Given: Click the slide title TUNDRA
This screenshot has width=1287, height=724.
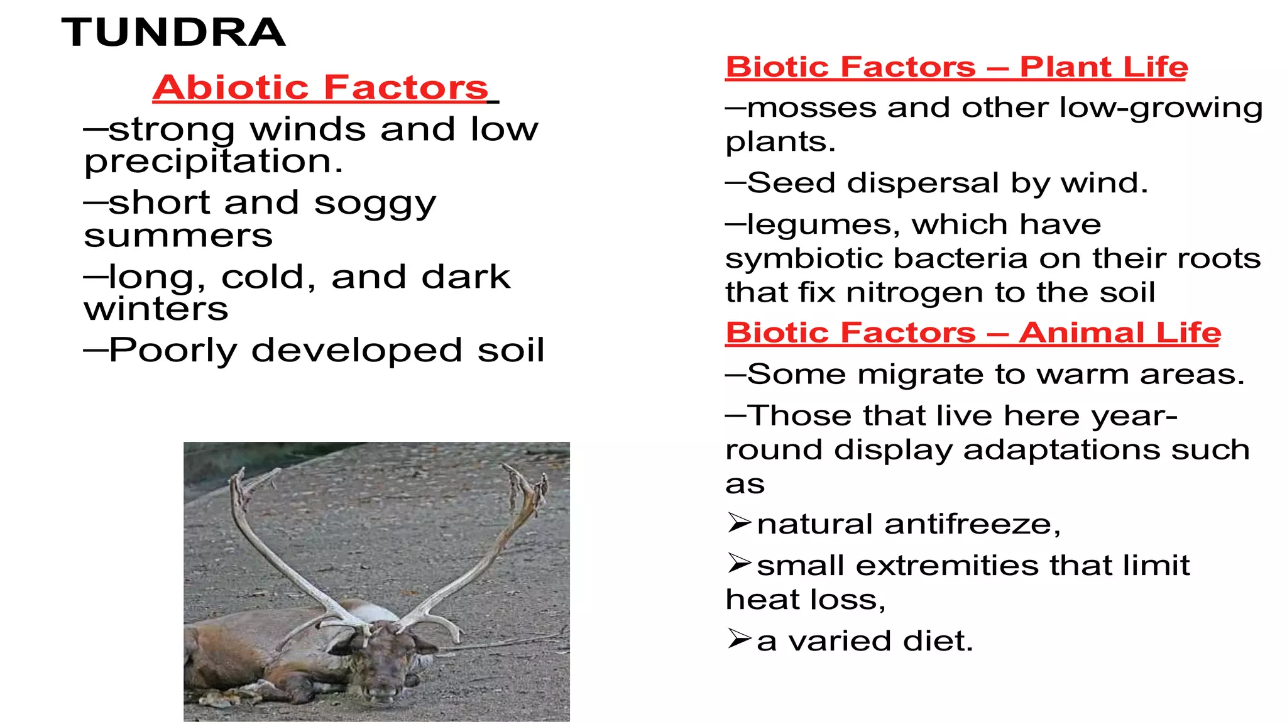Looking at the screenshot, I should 173,33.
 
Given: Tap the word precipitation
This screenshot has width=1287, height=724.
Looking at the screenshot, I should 214,162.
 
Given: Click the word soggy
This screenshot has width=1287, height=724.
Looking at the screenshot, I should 375,204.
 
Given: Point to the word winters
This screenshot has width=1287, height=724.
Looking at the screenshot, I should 156,309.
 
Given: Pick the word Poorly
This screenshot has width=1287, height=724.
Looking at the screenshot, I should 173,351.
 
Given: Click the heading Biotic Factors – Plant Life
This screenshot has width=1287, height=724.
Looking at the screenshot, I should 956,67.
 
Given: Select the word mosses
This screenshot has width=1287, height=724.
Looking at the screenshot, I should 811,108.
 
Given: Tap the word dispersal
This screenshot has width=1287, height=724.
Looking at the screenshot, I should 923,183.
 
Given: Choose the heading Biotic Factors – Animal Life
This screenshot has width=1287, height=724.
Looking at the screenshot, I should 973,332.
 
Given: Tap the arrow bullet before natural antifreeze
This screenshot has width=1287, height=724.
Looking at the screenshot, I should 739,523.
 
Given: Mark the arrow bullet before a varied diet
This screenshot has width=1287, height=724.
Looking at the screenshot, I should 739,639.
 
